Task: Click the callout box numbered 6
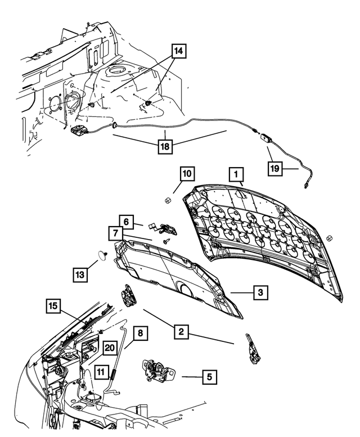pyautogui.click(x=127, y=222)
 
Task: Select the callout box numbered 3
pyautogui.click(x=260, y=292)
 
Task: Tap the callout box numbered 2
pyautogui.click(x=181, y=332)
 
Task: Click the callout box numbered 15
pyautogui.click(x=54, y=307)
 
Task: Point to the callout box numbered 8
pyautogui.click(x=140, y=333)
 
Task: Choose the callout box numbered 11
pyautogui.click(x=100, y=371)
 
